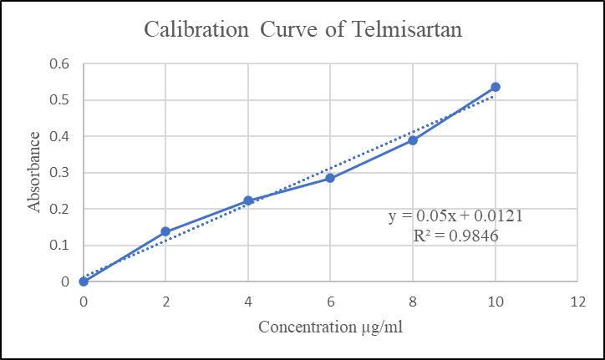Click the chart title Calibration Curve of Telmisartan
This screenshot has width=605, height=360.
302,29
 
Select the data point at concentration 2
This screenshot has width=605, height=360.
165,231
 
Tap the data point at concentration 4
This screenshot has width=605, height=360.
248,200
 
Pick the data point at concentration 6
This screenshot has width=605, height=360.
330,178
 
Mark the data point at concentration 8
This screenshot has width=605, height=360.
413,140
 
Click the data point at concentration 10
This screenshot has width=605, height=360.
496,87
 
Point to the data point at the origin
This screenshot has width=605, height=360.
84,281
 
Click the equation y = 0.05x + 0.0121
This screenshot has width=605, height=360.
456,216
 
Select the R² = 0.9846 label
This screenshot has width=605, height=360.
456,236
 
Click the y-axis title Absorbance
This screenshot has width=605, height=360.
34,172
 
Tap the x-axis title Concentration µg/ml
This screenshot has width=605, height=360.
330,327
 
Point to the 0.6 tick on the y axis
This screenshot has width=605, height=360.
61,64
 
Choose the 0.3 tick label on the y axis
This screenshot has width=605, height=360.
61,173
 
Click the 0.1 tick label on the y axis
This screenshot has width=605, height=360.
61,246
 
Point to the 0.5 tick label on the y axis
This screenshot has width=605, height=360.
61,100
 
